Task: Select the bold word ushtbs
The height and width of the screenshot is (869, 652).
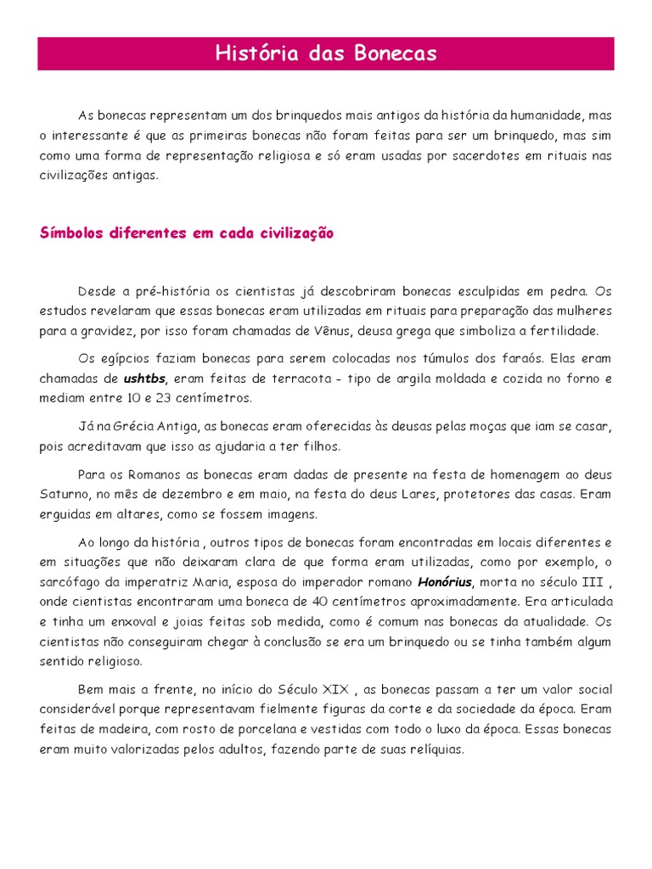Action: (x=145, y=378)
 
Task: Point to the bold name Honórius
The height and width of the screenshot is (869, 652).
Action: (x=444, y=581)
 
